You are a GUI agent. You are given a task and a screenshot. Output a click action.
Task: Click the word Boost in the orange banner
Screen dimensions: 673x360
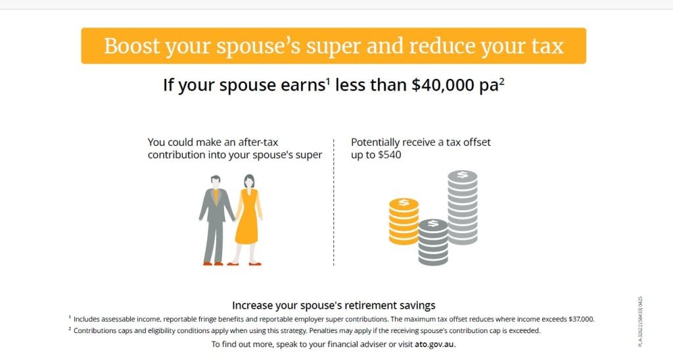coord(131,46)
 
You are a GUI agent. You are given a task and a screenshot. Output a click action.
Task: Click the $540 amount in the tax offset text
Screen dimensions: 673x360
coord(389,155)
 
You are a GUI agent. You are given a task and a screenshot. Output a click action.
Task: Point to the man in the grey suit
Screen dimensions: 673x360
coord(216,219)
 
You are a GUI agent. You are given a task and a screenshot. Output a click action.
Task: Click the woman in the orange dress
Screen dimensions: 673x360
coord(248,219)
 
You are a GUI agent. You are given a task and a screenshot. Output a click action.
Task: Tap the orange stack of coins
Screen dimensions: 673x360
coord(404,221)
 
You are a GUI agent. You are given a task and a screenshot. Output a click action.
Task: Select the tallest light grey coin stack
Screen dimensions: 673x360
coord(463,207)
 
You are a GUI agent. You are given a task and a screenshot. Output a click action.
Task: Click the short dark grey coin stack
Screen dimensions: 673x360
coord(433,242)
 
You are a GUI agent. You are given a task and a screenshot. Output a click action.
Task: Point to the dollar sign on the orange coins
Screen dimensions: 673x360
coord(404,202)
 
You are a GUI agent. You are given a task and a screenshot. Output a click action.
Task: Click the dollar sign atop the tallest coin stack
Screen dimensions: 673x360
coord(463,175)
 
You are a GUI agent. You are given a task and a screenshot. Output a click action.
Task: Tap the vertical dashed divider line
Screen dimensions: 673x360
coord(333,202)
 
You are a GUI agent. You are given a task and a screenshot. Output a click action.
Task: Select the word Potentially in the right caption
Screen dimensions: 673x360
coord(375,143)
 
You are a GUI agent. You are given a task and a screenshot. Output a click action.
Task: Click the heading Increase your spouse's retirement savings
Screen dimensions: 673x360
coord(333,305)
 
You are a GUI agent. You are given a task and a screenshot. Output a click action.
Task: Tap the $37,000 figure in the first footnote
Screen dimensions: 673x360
coord(581,319)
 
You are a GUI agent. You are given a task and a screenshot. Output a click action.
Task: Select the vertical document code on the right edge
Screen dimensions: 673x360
coord(640,321)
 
